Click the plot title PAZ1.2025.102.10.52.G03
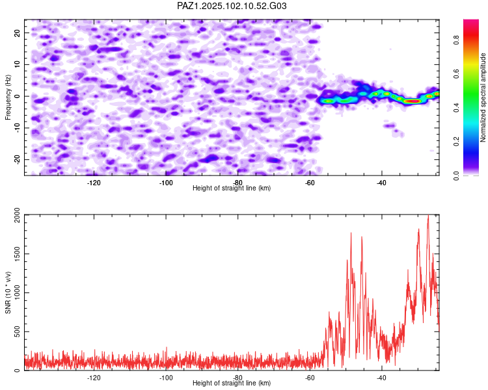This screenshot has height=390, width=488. [x=232, y=6]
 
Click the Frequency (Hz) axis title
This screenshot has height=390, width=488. [x=8, y=97]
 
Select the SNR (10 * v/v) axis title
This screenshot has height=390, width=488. [x=8, y=292]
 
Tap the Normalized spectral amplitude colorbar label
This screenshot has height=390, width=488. [x=483, y=97]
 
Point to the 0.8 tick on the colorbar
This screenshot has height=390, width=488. [x=456, y=40]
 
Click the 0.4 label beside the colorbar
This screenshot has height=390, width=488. [x=456, y=108]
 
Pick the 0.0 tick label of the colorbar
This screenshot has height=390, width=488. [x=456, y=175]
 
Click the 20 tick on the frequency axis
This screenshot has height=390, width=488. [x=18, y=33]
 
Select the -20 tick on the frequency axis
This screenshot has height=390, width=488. [x=18, y=159]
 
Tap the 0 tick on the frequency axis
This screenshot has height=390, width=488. [x=18, y=96]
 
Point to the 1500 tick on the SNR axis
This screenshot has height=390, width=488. [x=18, y=253]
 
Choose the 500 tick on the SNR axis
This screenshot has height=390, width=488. [x=18, y=331]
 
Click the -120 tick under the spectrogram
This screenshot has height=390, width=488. [x=94, y=183]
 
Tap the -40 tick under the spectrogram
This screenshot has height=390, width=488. [x=381, y=183]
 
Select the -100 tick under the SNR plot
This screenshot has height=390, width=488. [x=165, y=378]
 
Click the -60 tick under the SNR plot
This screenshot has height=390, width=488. [x=309, y=378]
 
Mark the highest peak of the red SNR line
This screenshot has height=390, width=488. [x=428, y=215]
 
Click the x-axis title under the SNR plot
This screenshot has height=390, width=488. [x=232, y=383]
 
